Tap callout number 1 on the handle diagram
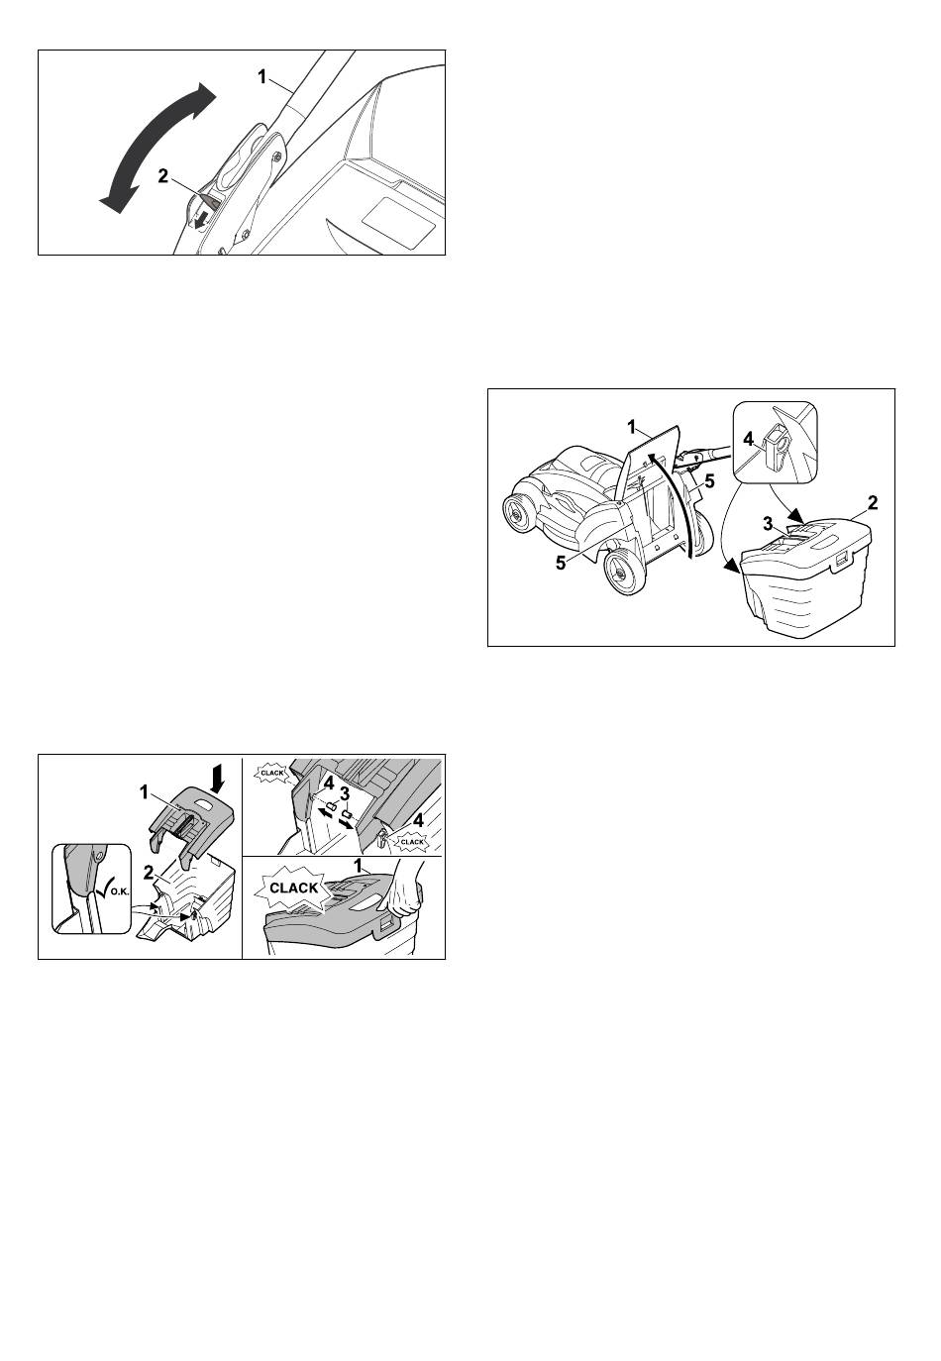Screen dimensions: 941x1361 (x=261, y=76)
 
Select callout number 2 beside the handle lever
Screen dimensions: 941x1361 (x=162, y=175)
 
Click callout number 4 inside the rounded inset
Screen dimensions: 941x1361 (x=749, y=438)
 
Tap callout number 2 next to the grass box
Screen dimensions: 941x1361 (x=873, y=502)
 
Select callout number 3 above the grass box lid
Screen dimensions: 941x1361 (x=768, y=523)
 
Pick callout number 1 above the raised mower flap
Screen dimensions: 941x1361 (x=632, y=428)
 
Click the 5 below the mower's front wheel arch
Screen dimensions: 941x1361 (x=561, y=564)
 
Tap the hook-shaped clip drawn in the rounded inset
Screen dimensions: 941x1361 (x=777, y=449)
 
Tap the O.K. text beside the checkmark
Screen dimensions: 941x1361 (x=117, y=893)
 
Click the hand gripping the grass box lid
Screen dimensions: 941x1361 (x=403, y=890)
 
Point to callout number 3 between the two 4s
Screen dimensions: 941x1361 (x=345, y=793)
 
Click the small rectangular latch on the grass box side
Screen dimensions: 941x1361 (x=841, y=561)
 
